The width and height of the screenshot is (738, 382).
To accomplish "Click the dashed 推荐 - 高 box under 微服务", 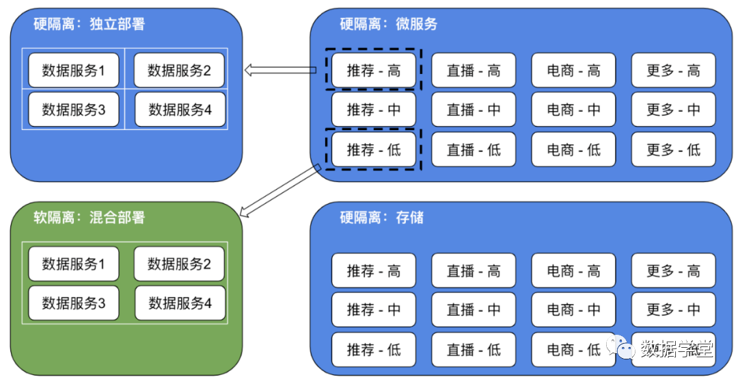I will (373, 71).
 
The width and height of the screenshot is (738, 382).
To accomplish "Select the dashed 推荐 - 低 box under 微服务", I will (373, 150).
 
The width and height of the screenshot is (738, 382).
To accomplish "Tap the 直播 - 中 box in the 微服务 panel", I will (474, 110).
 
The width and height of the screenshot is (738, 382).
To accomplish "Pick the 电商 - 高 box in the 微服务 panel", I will (573, 71).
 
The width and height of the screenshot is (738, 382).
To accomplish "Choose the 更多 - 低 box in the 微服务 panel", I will (673, 150).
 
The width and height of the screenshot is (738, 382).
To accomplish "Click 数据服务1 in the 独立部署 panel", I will (74, 70).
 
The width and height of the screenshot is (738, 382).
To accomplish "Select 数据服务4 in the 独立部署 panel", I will (180, 110).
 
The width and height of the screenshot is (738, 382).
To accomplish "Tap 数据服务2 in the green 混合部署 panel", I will (179, 264).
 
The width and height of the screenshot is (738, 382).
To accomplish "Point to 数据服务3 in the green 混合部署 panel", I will (74, 303).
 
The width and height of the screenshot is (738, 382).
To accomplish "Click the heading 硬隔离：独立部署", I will (90, 25).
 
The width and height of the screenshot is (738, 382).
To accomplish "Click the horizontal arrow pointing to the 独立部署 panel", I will (280, 69).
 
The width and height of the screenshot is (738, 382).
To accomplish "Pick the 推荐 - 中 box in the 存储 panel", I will (373, 309).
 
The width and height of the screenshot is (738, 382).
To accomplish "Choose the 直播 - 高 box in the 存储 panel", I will (474, 271).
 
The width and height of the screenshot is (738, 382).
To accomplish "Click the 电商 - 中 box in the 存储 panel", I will (573, 309).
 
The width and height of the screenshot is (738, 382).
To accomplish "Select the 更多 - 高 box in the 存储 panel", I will (673, 271).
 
